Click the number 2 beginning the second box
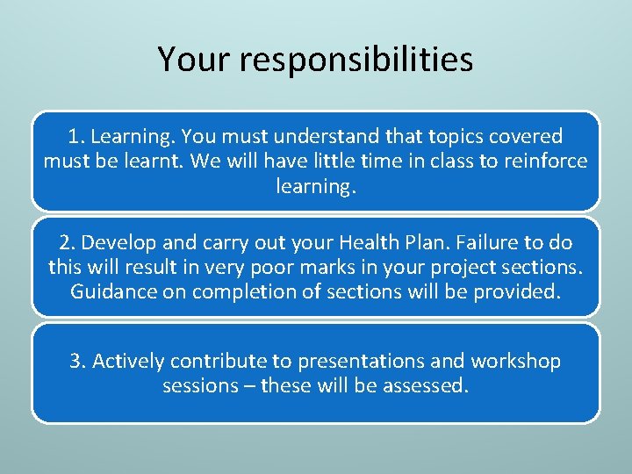tap(64, 243)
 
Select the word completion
tap(232, 292)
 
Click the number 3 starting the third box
tap(75, 362)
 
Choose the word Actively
tap(128, 362)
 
